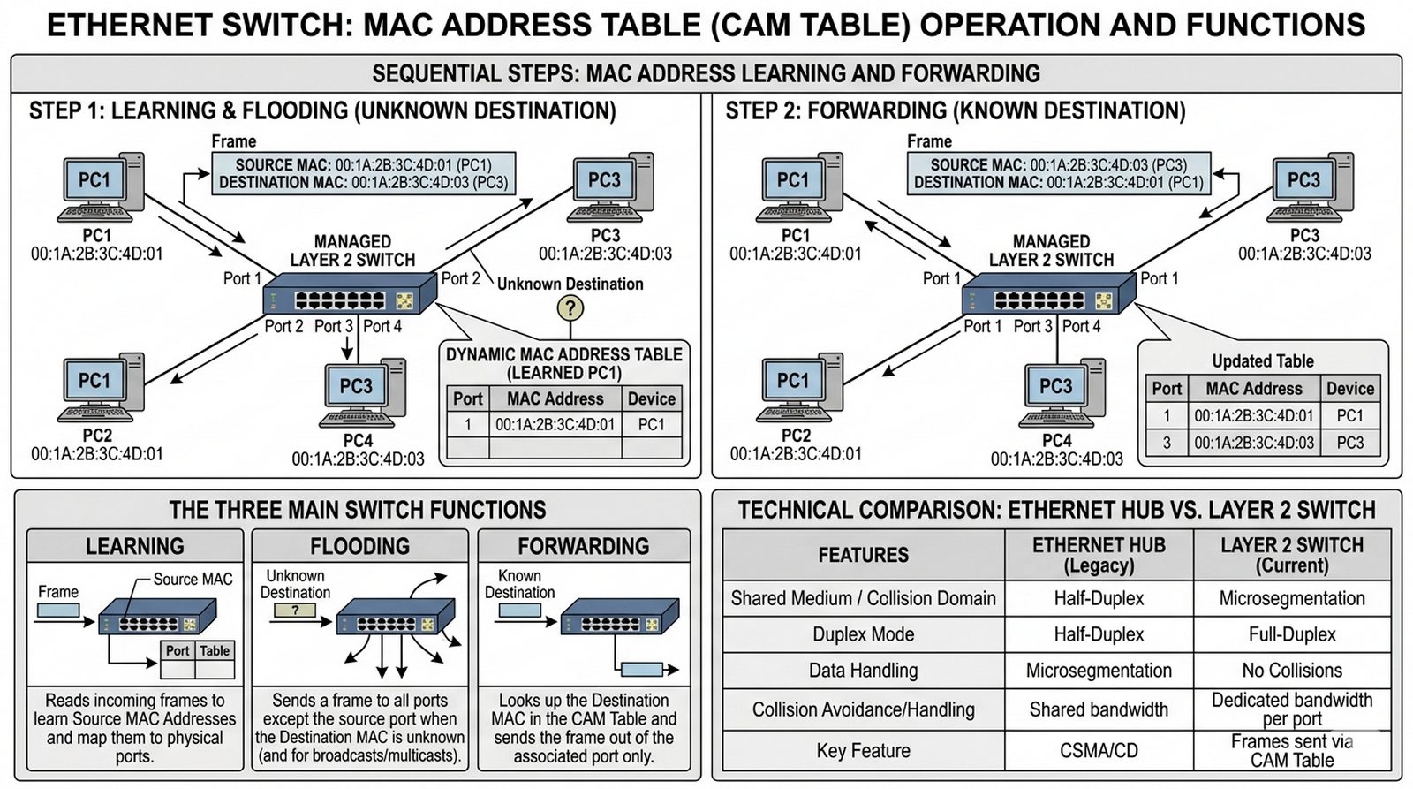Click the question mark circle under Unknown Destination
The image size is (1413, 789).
tap(570, 308)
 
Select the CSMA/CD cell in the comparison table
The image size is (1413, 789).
tap(1099, 750)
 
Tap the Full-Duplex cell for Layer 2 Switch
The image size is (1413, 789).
tap(1291, 634)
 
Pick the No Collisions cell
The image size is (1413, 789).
tap(1291, 671)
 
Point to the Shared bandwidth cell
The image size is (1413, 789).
tap(1099, 709)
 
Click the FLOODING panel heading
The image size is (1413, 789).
tap(359, 546)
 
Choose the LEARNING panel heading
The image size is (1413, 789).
tap(135, 546)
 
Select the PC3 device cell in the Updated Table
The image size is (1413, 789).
tap(1349, 443)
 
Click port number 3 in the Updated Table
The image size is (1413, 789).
tap(1167, 443)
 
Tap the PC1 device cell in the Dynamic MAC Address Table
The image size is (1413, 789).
tap(651, 424)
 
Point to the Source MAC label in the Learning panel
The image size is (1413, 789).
tap(193, 580)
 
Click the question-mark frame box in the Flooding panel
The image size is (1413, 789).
tap(295, 610)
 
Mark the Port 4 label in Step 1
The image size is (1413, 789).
tap(382, 326)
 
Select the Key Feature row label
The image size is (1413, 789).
tap(863, 750)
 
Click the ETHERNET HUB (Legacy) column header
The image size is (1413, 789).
tap(1099, 555)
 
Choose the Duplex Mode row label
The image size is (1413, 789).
tap(863, 634)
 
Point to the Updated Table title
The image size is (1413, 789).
tap(1262, 361)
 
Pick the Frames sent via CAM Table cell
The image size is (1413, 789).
tap(1291, 750)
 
